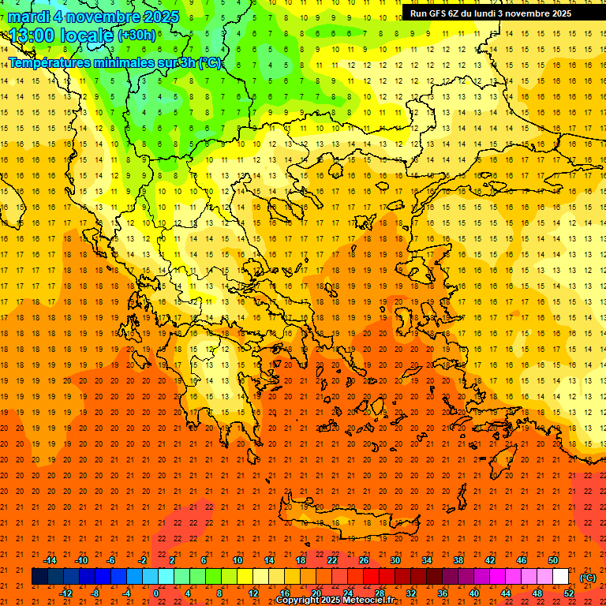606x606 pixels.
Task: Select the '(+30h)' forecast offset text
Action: [x=137, y=36]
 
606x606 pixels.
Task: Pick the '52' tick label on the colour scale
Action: [x=569, y=593]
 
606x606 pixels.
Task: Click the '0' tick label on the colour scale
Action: [x=156, y=593]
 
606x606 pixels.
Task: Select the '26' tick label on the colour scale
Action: [x=364, y=560]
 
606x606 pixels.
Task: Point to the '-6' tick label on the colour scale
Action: [x=111, y=560]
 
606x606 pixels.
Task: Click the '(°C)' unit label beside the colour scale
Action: [x=588, y=578]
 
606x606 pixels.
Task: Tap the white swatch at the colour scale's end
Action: [x=561, y=577]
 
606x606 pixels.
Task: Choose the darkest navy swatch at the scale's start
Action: [x=39, y=577]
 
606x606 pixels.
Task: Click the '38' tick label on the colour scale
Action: [x=458, y=560]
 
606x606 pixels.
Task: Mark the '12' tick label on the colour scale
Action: [x=253, y=593]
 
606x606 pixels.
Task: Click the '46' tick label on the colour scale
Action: [x=522, y=560]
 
